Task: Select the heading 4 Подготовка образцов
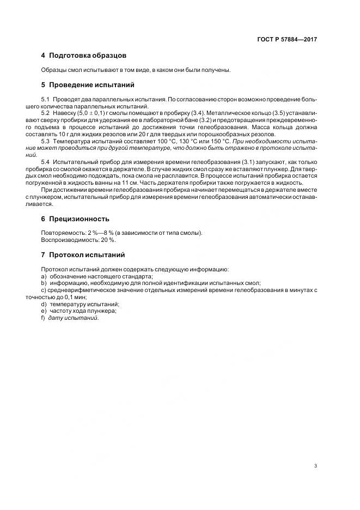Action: (x=84, y=56)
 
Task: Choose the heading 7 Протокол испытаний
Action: (x=83, y=254)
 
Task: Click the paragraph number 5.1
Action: (x=46, y=100)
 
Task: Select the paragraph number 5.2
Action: (x=46, y=112)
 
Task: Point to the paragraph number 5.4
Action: (x=46, y=162)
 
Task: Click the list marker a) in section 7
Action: (x=44, y=276)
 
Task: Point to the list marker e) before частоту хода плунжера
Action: (x=44, y=311)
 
